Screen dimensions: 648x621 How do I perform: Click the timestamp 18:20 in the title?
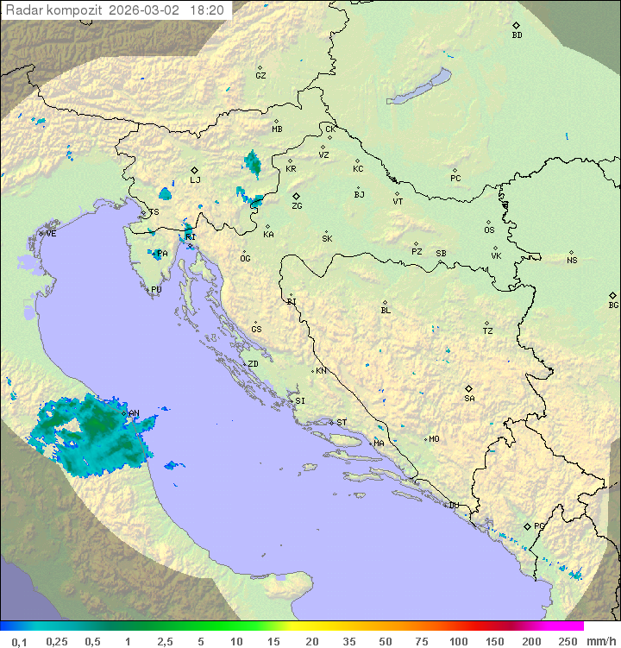coord(208,10)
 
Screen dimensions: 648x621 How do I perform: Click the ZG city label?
coord(297,206)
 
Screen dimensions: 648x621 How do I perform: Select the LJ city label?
coord(195,180)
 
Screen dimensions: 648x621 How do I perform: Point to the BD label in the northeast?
coord(517,35)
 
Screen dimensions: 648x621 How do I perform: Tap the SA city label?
coord(469,398)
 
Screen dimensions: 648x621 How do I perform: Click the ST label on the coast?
coord(342,422)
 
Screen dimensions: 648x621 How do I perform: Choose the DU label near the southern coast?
coord(454,506)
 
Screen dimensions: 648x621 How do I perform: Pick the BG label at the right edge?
coord(613,305)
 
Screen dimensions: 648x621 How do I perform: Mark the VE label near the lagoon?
coord(51,234)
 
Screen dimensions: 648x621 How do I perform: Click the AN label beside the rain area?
coord(134,413)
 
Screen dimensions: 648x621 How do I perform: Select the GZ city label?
coord(260,75)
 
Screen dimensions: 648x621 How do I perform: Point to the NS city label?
coord(572,260)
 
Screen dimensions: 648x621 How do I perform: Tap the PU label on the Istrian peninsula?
coord(156,290)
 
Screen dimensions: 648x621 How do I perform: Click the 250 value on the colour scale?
coord(568,641)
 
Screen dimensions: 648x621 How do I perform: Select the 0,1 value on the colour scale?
coord(19,641)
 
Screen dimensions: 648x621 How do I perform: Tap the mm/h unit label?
coord(599,641)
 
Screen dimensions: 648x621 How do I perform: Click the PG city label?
coord(539,525)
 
